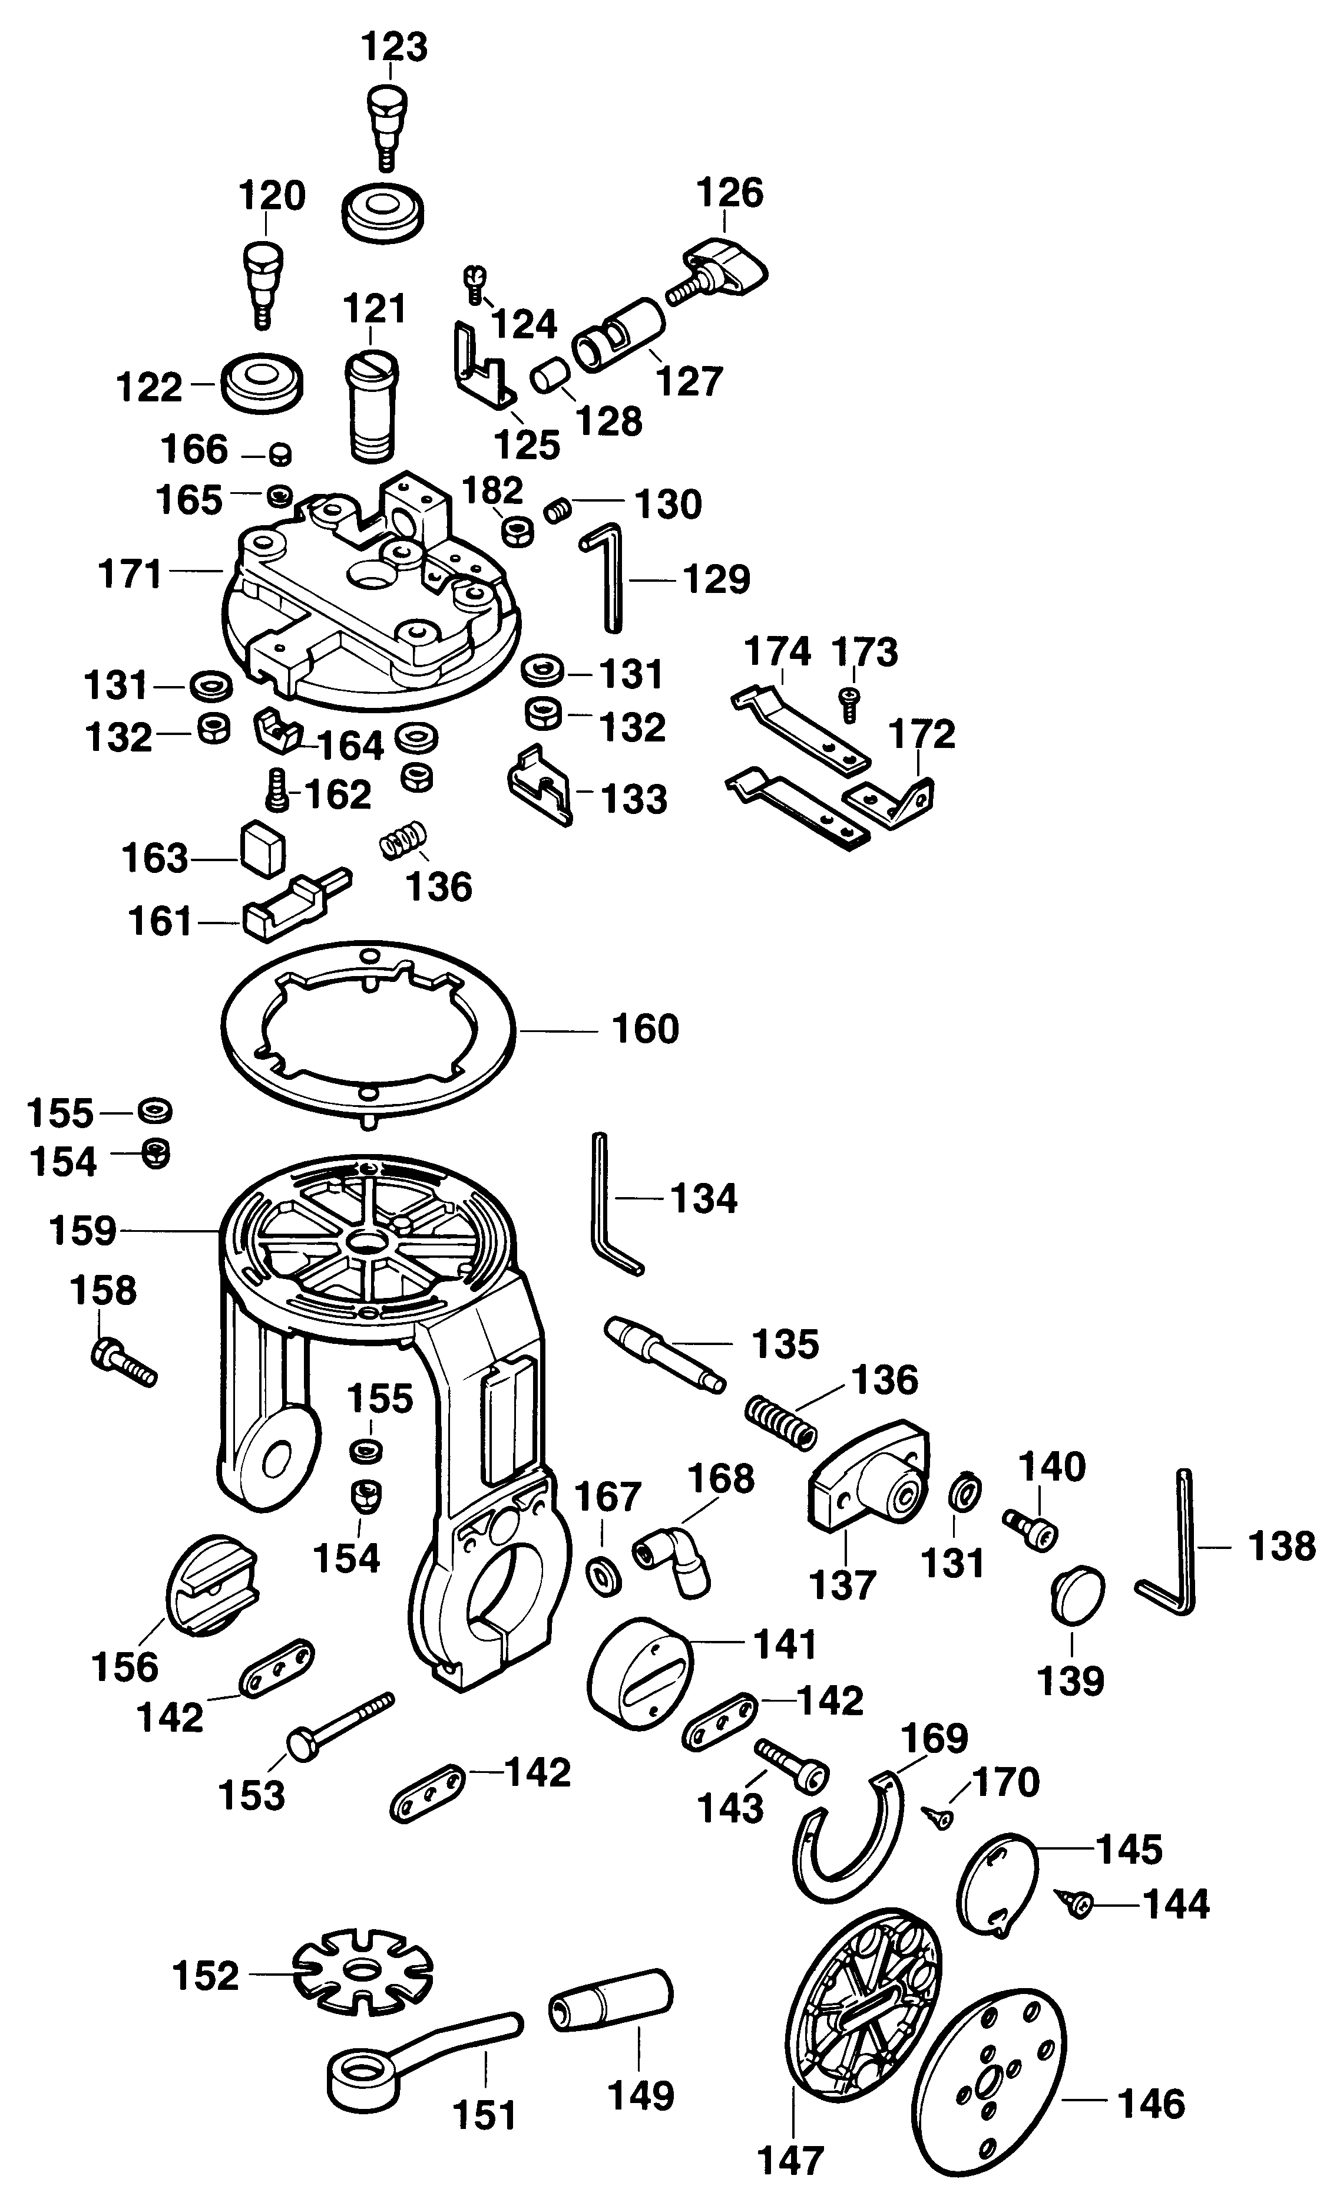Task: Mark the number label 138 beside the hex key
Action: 1282,1545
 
